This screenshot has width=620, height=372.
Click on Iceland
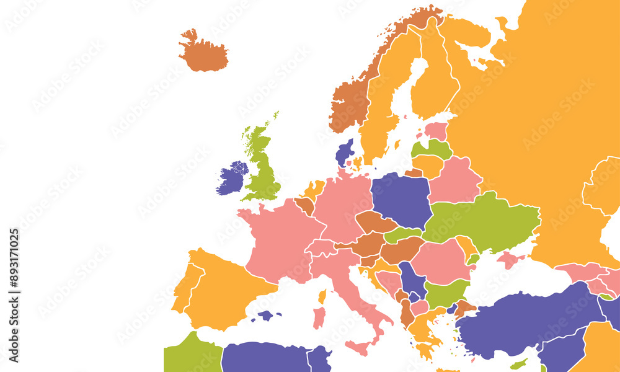click(x=203, y=53)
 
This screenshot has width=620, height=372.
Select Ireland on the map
click(x=232, y=178)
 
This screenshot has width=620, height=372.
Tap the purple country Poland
click(x=401, y=198)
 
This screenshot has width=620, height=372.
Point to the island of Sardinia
click(x=319, y=317)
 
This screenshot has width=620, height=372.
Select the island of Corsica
click(x=322, y=296)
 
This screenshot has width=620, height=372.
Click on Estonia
click(x=436, y=131)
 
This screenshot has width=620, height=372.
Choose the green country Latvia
click(x=433, y=148)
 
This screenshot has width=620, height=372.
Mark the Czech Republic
click(x=374, y=222)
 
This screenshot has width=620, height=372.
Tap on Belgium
click(x=304, y=205)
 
